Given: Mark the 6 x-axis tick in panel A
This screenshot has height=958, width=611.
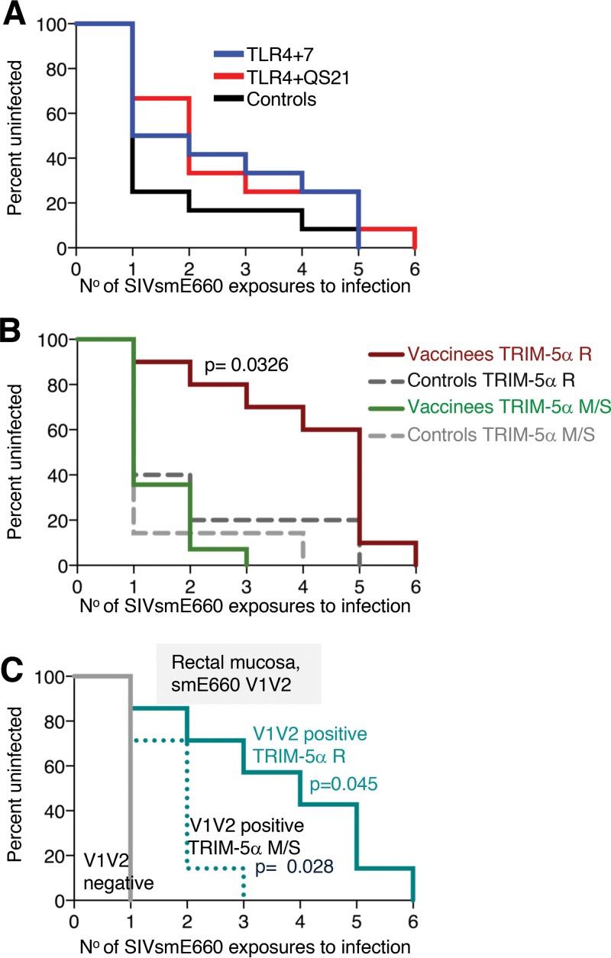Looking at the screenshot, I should [x=414, y=269].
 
